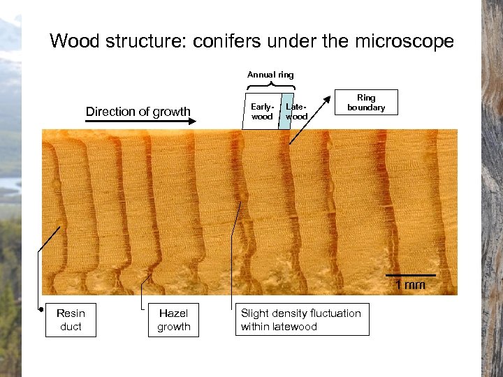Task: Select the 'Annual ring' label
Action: pos(270,75)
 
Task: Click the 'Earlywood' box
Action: pos(262,111)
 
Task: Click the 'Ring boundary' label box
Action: pos(365,102)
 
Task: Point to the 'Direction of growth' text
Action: pos(138,112)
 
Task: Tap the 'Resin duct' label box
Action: pos(71,320)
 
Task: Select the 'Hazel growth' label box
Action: pos(173,320)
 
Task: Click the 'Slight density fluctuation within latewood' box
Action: pos(301,320)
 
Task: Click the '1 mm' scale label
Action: pos(410,285)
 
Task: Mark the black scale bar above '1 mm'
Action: pos(410,276)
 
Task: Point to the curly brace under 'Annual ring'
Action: pos(270,86)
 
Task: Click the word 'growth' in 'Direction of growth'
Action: pos(171,112)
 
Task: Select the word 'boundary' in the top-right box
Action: pos(365,108)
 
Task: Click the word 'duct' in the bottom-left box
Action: pos(71,327)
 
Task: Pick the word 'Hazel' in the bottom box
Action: pos(173,313)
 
